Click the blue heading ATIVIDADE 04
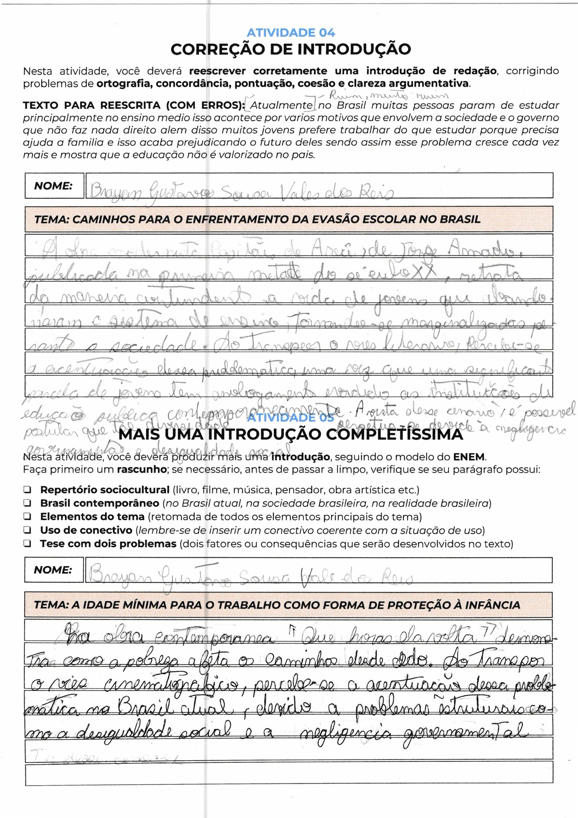point(291,33)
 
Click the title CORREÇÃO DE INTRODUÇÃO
point(290,50)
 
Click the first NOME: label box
point(54,186)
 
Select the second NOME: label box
point(54,570)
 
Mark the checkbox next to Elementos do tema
point(27,517)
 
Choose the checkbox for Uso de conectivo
point(27,530)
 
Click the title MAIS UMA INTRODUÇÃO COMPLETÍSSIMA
point(290,434)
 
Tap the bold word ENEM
point(469,457)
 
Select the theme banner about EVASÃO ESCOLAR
point(289,219)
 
